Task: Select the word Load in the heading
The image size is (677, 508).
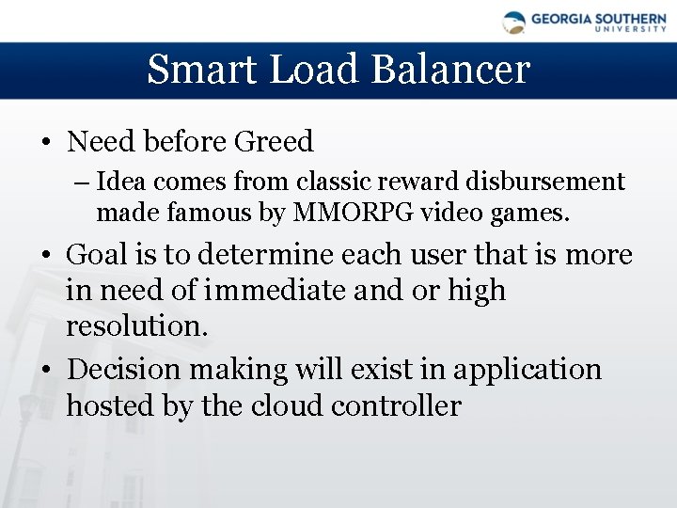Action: (x=304, y=70)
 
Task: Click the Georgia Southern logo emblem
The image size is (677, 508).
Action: (x=514, y=23)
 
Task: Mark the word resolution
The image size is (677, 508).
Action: (x=135, y=326)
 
